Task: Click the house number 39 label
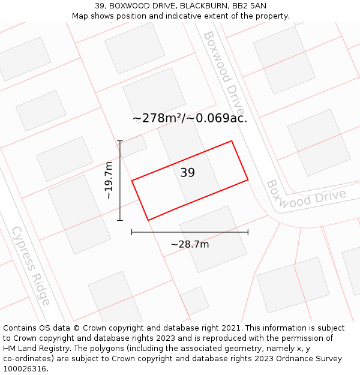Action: [187, 173]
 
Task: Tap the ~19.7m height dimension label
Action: [109, 181]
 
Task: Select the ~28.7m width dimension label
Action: [190, 244]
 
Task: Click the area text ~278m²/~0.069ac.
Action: [190, 118]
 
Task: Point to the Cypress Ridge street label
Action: [31, 265]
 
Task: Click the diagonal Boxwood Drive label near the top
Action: [224, 73]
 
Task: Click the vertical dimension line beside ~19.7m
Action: [120, 180]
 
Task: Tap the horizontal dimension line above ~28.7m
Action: [190, 232]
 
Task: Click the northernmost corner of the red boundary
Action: [232, 141]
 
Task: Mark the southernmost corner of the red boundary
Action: [148, 220]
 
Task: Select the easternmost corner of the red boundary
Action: [248, 179]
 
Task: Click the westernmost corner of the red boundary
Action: [132, 180]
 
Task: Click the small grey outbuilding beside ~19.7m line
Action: [133, 146]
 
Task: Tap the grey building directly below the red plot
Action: [213, 238]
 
